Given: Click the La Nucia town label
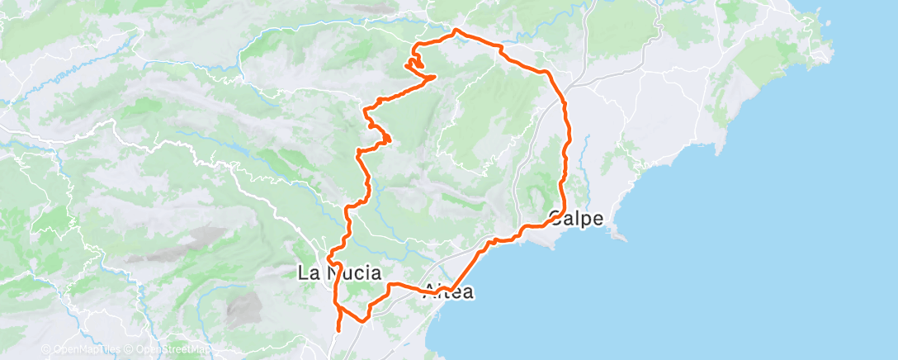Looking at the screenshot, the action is [340, 272].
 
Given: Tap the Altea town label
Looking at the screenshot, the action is [448, 291].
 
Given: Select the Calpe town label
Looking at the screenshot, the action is [577, 219].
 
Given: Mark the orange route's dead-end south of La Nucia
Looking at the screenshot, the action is [338, 333].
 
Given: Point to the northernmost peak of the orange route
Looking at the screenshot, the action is [456, 31].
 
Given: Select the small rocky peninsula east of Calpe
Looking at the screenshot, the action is [617, 234].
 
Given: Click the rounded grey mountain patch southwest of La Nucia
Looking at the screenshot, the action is [241, 310].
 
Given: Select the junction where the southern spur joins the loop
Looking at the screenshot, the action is [338, 306].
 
